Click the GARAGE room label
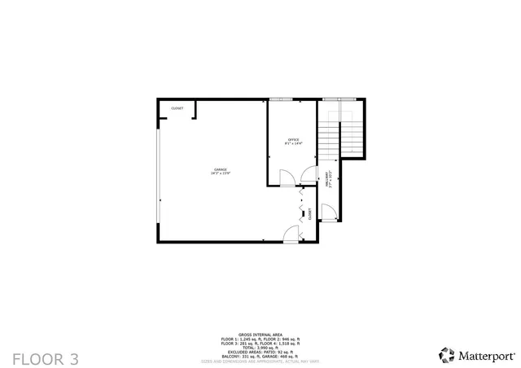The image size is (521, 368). pos(221,169)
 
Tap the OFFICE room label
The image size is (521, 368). pos(292,139)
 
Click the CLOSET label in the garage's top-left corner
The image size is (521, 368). pos(177,108)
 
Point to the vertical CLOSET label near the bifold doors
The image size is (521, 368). pos(310,214)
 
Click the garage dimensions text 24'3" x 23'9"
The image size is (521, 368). pos(221,173)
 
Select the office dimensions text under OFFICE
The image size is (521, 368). pos(292,143)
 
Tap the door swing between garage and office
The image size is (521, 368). pos(287,178)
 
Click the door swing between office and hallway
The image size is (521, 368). pos(307,173)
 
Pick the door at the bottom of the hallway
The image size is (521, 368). pos(327,213)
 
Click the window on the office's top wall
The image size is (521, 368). pos(281,99)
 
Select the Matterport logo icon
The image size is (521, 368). pos(447,355)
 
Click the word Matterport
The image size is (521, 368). pos(488,356)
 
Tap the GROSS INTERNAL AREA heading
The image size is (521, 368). pos(260,334)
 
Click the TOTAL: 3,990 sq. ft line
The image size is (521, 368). pos(260,347)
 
